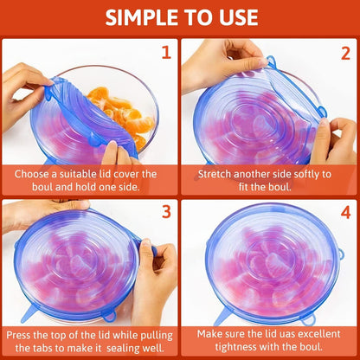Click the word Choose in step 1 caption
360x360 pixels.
(34, 173)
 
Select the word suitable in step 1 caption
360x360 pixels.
(82, 173)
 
